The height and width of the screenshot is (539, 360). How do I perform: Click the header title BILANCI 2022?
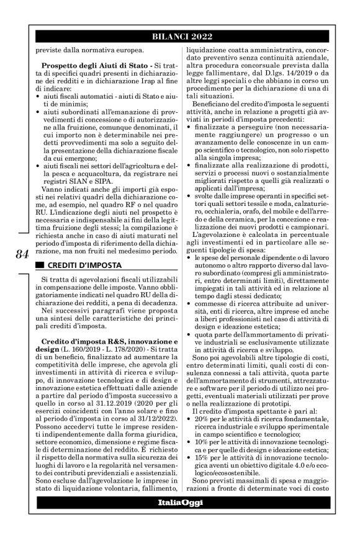179,37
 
